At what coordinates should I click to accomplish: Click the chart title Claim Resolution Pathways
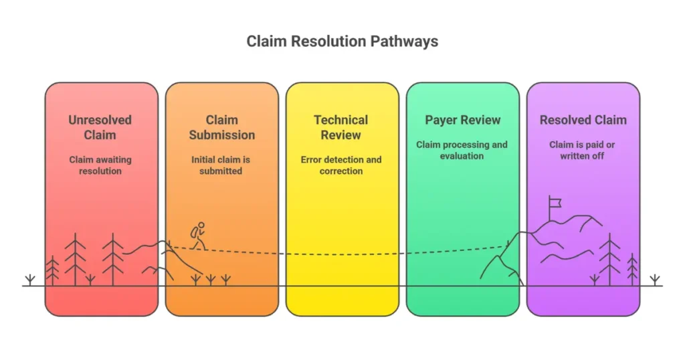(x=342, y=41)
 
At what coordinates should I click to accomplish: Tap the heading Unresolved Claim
(x=100, y=127)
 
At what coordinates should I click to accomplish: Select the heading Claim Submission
(x=221, y=127)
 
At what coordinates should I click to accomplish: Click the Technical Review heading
(x=341, y=127)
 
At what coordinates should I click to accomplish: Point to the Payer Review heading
(x=462, y=120)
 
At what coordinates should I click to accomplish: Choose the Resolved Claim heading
(x=583, y=120)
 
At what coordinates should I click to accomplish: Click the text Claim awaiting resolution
(x=100, y=165)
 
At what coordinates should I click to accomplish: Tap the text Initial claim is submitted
(x=221, y=165)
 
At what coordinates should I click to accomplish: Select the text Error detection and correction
(x=341, y=165)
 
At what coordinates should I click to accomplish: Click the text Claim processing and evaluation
(x=462, y=150)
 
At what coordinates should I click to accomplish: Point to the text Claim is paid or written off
(x=583, y=150)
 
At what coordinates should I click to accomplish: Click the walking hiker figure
(x=198, y=236)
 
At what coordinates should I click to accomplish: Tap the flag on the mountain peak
(x=554, y=202)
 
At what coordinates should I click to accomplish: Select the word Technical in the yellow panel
(x=341, y=120)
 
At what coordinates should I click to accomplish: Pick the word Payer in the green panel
(x=440, y=120)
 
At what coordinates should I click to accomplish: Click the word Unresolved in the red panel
(x=100, y=120)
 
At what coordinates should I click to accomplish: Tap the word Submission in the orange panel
(x=221, y=135)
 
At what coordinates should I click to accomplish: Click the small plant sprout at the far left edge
(x=29, y=280)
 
